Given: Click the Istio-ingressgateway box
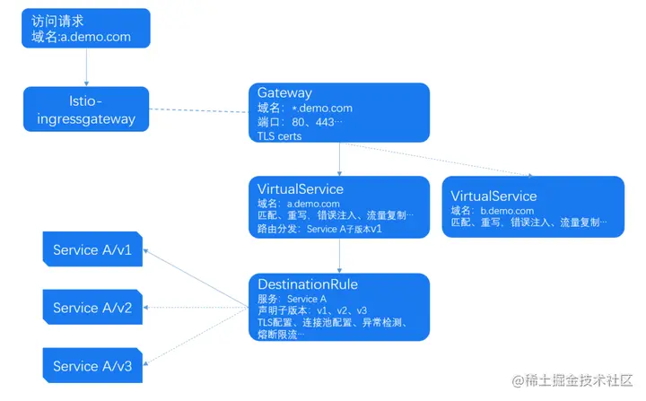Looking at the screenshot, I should click(x=86, y=109).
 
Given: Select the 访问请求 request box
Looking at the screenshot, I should click(x=86, y=29).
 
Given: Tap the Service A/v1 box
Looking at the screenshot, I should click(x=92, y=249).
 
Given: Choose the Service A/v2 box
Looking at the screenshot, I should click(x=92, y=308).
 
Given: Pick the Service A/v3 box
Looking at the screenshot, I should click(x=92, y=366).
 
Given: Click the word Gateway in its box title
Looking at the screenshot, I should click(x=284, y=92).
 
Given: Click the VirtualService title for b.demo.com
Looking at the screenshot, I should click(x=493, y=196).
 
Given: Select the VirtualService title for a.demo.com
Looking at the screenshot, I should click(x=300, y=189).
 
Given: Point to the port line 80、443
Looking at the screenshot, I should click(x=300, y=122).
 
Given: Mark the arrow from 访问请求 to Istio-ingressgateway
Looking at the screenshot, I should click(x=86, y=67).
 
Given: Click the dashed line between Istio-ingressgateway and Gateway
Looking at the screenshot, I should click(x=197, y=111).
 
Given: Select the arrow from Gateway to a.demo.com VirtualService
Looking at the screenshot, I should click(x=339, y=160).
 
